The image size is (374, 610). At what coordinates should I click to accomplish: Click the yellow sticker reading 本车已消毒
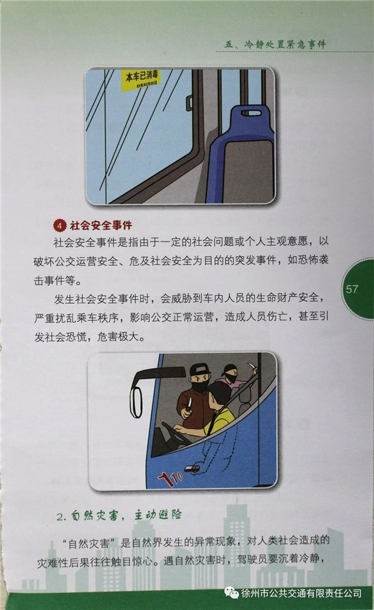click(141, 80)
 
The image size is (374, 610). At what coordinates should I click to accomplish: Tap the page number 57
click(352, 289)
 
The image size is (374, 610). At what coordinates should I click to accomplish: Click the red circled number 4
click(60, 225)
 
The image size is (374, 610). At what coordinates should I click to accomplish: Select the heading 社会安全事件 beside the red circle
click(101, 225)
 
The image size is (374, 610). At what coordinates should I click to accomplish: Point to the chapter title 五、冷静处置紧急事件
click(275, 44)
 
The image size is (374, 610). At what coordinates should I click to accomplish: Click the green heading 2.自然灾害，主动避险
click(119, 515)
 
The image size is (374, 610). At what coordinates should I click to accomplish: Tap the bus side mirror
click(136, 402)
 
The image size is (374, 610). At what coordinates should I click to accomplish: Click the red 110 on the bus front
click(170, 477)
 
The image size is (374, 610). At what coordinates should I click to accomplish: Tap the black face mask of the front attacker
click(203, 387)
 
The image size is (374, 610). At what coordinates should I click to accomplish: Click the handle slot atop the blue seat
click(251, 113)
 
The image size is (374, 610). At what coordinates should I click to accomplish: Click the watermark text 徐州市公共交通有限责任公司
click(301, 593)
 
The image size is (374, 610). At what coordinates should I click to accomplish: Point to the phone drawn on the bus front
click(191, 468)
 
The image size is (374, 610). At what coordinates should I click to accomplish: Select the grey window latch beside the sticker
click(189, 102)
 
